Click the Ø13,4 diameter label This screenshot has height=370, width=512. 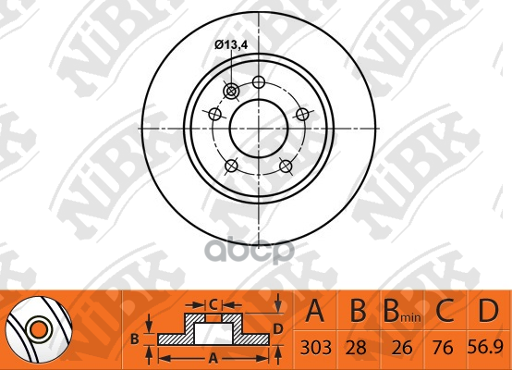pyautogui.click(x=231, y=44)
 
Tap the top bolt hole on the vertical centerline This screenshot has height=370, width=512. pyautogui.click(x=259, y=81)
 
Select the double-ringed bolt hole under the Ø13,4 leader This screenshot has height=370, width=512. pyautogui.click(x=231, y=91)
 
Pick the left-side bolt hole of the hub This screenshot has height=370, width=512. pyautogui.click(x=214, y=115)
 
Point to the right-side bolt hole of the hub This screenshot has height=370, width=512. pyautogui.click(x=302, y=114)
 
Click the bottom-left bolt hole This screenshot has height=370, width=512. pyautogui.click(x=232, y=166)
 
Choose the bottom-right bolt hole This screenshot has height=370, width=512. pyautogui.click(x=286, y=166)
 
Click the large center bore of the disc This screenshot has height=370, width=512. pyautogui.click(x=259, y=129)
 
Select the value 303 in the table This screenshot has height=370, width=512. pyautogui.click(x=315, y=348)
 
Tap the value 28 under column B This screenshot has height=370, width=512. pyautogui.click(x=356, y=348)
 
